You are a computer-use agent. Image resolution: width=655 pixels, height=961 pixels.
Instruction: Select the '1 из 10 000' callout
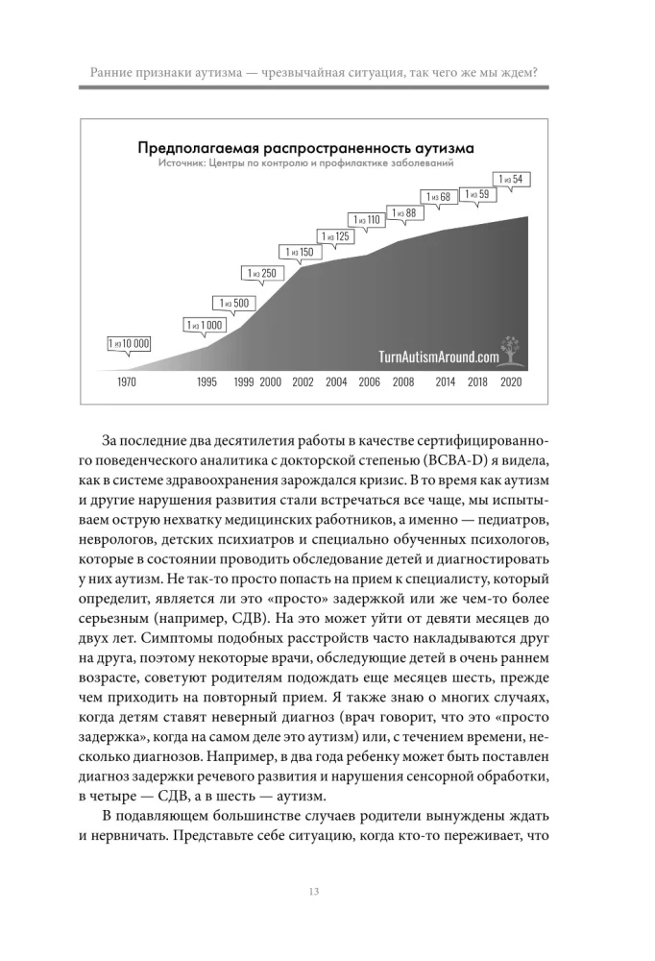129,343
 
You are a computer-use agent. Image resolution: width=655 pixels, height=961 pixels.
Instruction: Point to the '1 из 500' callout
234,304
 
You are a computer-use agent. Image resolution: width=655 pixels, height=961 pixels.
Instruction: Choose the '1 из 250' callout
262,274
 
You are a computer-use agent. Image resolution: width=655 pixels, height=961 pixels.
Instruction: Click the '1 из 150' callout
300,253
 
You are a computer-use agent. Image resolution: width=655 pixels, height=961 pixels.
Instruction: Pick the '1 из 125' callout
336,235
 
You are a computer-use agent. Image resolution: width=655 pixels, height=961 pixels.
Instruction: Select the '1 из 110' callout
368,220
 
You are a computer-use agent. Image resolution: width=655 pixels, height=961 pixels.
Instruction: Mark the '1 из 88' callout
404,212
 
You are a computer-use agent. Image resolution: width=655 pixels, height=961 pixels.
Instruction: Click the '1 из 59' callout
477,194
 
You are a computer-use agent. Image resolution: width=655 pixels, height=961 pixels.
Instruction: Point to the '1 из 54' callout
511,179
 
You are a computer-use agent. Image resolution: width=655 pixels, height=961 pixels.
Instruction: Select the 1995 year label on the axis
206,382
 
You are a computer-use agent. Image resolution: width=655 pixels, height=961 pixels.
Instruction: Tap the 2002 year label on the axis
303,382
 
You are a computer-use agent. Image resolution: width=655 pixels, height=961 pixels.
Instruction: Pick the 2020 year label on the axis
512,382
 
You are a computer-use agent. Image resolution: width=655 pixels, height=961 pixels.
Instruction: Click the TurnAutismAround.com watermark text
438,356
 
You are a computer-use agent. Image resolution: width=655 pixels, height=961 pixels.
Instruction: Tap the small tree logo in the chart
509,350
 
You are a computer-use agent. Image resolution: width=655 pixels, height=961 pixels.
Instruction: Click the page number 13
315,892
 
